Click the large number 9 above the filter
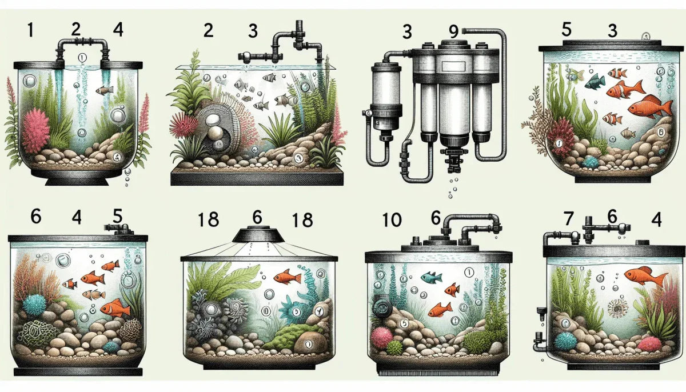[x=454, y=31]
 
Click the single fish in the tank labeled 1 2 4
[x=104, y=90]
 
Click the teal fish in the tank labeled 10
[x=430, y=278]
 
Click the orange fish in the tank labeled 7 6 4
[x=645, y=277]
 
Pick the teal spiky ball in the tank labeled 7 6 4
[x=566, y=341]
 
